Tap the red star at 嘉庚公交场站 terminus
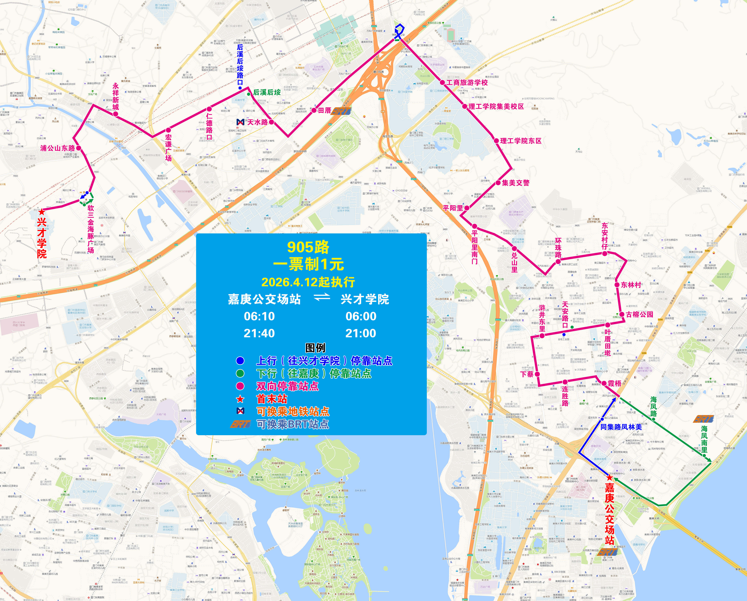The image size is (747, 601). coord(609,478)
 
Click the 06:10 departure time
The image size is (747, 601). coord(259,316)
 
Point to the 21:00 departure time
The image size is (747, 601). coord(361,333)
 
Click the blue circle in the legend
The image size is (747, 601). coord(240,361)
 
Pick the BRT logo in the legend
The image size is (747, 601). coord(240,424)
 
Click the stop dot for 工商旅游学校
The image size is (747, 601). coord(442,82)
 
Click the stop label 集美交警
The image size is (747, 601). coord(516,183)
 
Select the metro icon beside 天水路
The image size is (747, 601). coord(240,122)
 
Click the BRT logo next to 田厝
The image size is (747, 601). coord(341,111)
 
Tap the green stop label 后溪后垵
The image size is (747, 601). coord(267,93)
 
